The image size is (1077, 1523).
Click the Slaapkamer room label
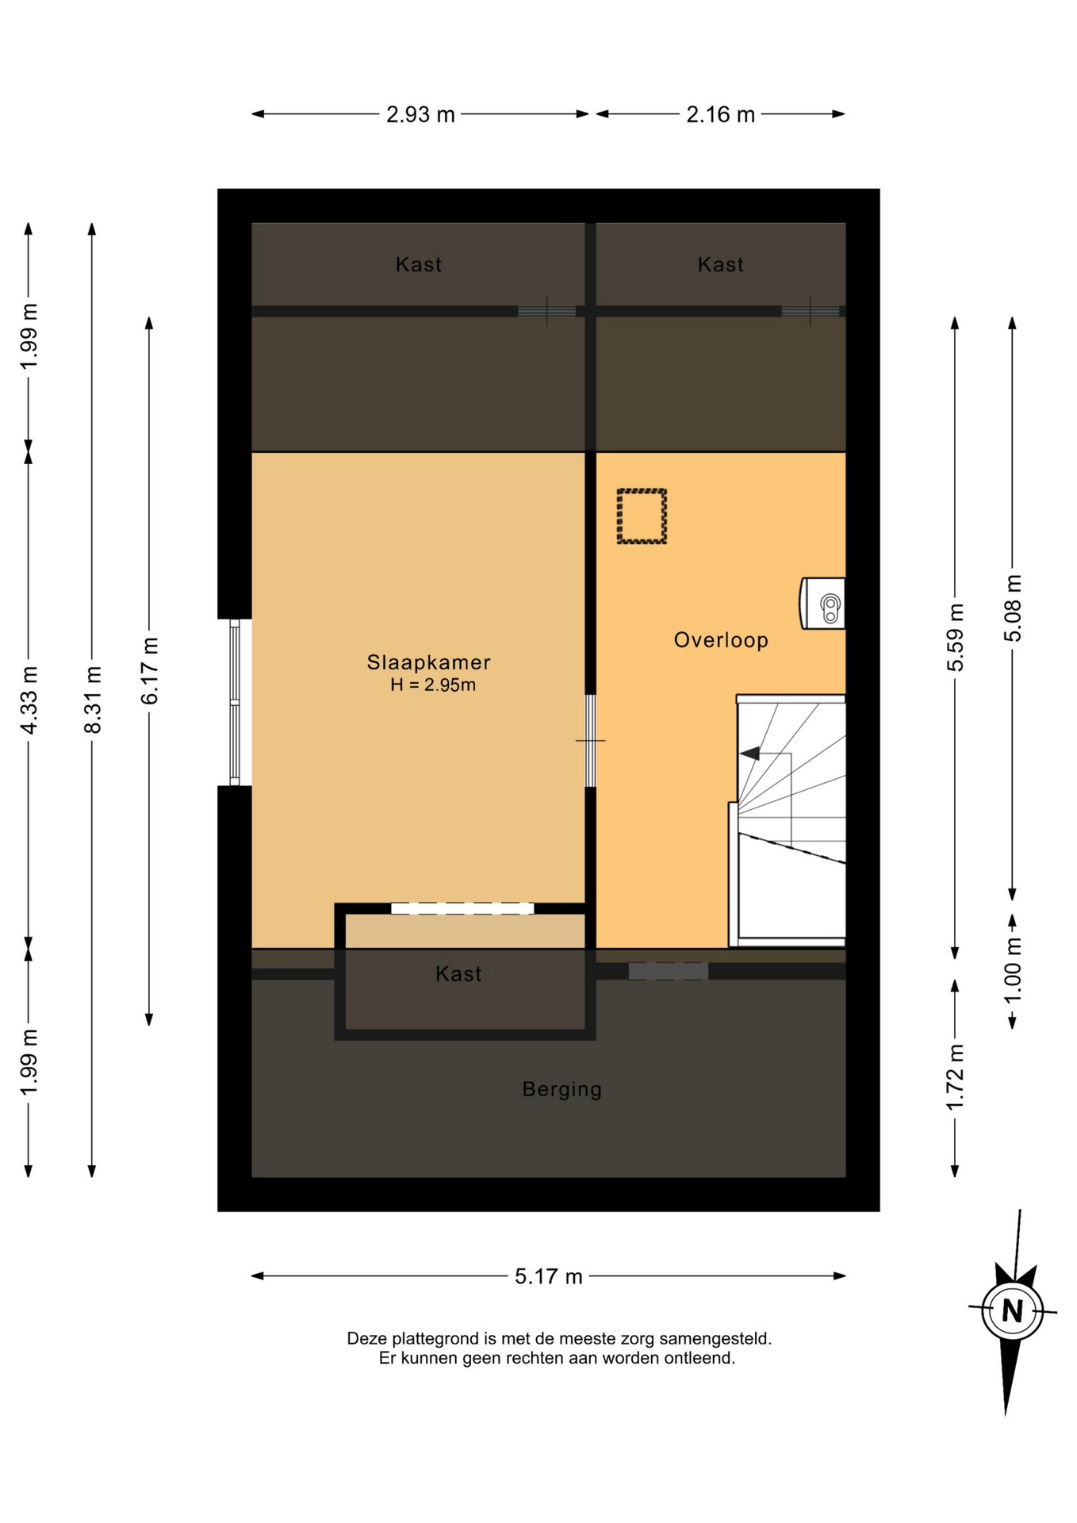pos(428,662)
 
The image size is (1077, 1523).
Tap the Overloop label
pos(721,640)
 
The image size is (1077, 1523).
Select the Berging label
pos(562,1089)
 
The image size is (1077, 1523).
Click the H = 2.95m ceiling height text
pos(433,685)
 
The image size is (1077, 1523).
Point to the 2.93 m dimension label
pos(420,115)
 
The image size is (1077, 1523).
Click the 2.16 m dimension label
pos(720,115)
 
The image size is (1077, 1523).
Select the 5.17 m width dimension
pos(549,1276)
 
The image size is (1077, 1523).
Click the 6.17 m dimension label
pos(150,670)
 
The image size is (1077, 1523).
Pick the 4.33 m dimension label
pos(29,700)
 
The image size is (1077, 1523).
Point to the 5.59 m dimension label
pos(956,638)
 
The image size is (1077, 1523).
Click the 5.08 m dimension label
pos(1013,608)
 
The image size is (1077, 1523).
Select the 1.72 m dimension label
pos(956,1077)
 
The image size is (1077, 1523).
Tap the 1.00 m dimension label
pos(1013,970)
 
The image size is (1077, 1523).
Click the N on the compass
pos(1012,1310)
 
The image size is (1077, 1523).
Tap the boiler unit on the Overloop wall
pos(822,604)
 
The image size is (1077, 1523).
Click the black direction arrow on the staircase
pos(749,753)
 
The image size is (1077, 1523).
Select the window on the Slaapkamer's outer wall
pos(235,703)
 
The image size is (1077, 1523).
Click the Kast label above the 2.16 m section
pos(721,265)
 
